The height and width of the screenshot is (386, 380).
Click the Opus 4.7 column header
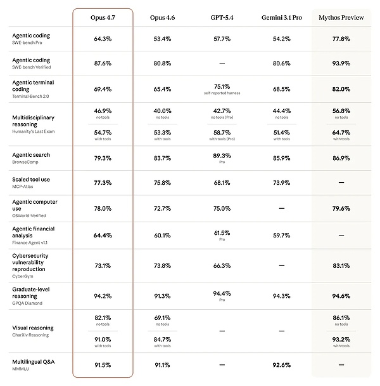[103, 18]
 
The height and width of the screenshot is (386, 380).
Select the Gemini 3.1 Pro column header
[281, 18]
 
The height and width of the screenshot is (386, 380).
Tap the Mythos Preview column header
[341, 18]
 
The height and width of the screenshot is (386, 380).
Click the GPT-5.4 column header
[222, 18]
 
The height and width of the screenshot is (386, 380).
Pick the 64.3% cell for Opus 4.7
[103, 39]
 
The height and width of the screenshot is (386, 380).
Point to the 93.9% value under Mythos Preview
[341, 63]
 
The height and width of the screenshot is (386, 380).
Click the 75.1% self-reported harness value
[222, 87]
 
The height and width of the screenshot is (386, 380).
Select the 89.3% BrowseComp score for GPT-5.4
[222, 156]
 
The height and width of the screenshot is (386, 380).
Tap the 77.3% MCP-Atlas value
[103, 183]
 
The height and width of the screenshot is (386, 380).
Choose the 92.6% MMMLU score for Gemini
[281, 365]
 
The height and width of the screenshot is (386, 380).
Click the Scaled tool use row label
[31, 180]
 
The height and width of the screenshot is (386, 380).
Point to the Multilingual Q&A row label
[33, 361]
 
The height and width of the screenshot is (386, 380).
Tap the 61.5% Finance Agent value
[222, 233]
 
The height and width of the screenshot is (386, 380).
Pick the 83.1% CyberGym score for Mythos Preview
[341, 265]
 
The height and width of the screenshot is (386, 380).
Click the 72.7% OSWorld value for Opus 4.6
[162, 208]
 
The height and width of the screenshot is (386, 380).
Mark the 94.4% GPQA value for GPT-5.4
[222, 293]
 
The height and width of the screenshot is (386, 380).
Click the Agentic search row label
[31, 155]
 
